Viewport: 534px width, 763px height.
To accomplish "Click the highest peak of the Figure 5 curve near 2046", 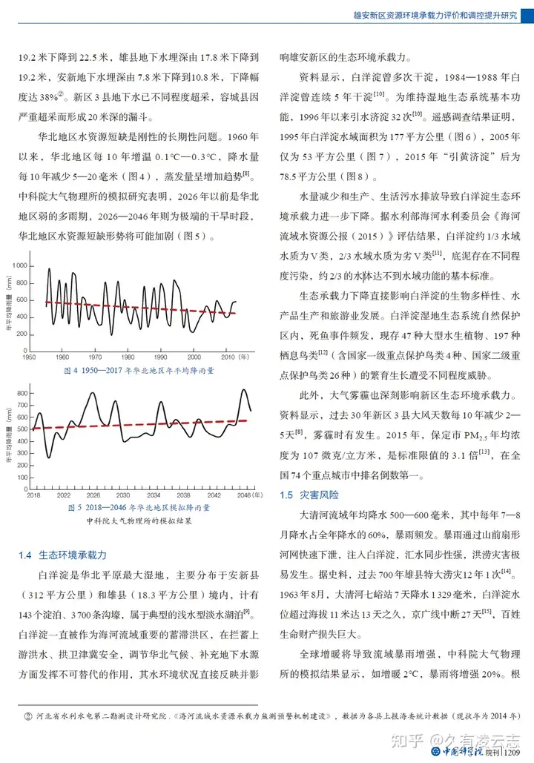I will (243, 390).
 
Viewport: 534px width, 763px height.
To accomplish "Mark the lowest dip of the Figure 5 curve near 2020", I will (50, 457).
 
